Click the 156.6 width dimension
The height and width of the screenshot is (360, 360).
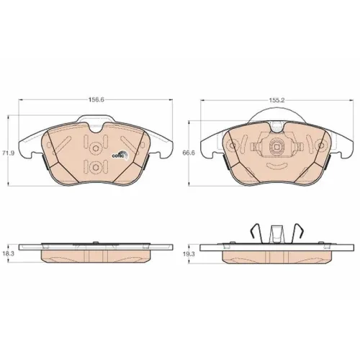point(96,99)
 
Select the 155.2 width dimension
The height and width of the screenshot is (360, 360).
point(277,101)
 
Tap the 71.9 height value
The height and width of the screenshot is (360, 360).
point(8,153)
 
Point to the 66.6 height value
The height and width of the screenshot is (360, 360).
point(189,153)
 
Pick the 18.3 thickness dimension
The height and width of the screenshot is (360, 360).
point(8,254)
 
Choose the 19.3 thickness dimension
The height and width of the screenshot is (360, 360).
point(189,254)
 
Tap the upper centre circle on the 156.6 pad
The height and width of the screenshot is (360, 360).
point(96,148)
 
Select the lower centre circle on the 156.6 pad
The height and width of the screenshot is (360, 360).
point(96,167)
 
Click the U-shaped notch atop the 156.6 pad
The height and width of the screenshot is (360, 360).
point(96,130)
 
